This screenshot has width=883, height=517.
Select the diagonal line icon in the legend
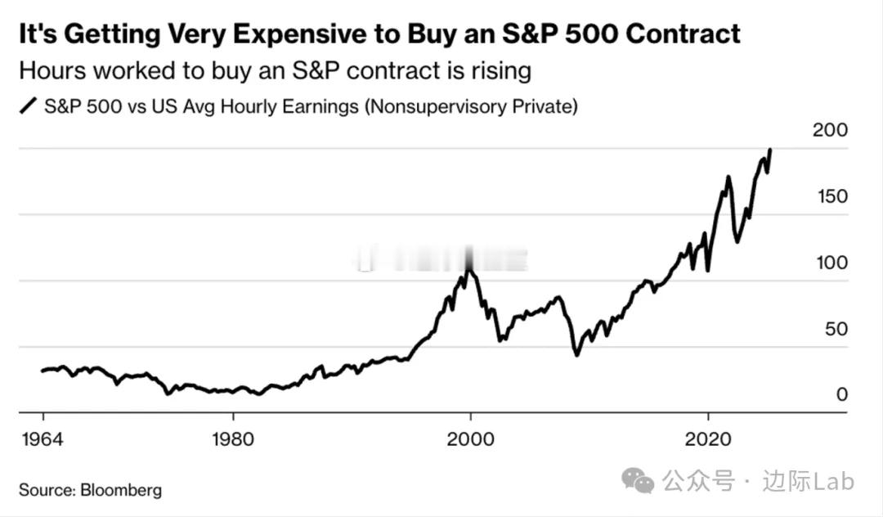[29, 106]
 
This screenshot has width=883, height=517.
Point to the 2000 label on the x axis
[470, 438]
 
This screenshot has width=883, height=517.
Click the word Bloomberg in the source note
[121, 491]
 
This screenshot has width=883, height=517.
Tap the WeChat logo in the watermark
[638, 481]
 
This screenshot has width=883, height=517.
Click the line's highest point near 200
[770, 151]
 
